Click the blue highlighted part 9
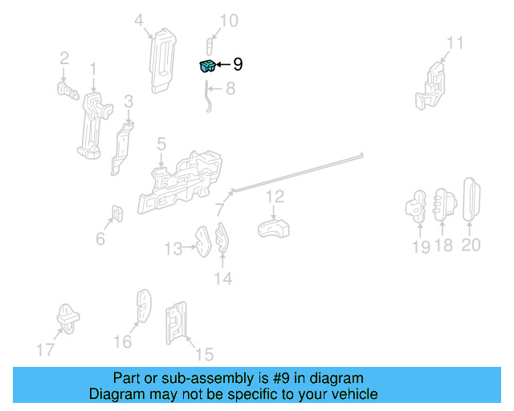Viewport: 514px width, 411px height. pos(207,66)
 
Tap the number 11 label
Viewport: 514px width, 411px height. pos(455,43)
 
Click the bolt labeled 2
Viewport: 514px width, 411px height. pos(67,87)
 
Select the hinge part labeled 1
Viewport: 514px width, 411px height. pos(93,124)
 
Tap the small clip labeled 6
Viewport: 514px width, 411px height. pos(117,214)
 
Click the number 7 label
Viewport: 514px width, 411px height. pos(219,210)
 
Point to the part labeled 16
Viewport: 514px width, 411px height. pos(142,307)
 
